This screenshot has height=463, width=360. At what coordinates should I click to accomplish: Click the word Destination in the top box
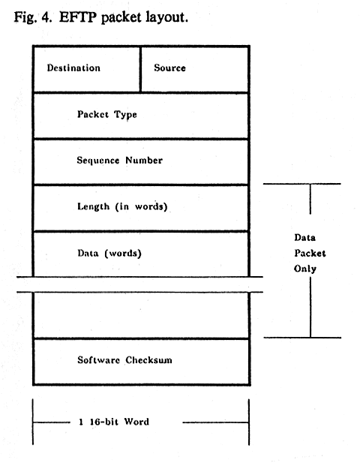73,68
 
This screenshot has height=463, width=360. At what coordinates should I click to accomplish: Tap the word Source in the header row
169,68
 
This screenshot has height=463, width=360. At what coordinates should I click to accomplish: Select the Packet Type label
106,115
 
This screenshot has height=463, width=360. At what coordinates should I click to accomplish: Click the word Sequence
98,161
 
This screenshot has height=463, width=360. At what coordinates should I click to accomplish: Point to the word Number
144,161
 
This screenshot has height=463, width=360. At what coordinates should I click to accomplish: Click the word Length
93,206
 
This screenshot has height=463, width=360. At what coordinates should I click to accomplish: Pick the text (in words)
141,206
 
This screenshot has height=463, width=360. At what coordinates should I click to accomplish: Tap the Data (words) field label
109,254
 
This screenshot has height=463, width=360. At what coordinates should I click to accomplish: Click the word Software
98,360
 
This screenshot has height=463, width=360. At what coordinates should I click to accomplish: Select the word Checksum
148,360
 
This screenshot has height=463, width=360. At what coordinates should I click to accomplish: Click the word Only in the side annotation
305,269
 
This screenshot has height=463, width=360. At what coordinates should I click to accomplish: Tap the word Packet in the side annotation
310,254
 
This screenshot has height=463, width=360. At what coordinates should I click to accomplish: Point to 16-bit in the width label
103,422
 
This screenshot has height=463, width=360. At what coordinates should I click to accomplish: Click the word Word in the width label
136,422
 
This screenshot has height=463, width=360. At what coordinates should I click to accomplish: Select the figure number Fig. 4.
33,17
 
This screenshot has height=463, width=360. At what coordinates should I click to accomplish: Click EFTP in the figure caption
78,17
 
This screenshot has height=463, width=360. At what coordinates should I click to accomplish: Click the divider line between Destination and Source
140,69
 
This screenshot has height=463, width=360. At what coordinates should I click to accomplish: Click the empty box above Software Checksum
141,315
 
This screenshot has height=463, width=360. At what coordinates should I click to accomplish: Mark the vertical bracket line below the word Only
310,307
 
